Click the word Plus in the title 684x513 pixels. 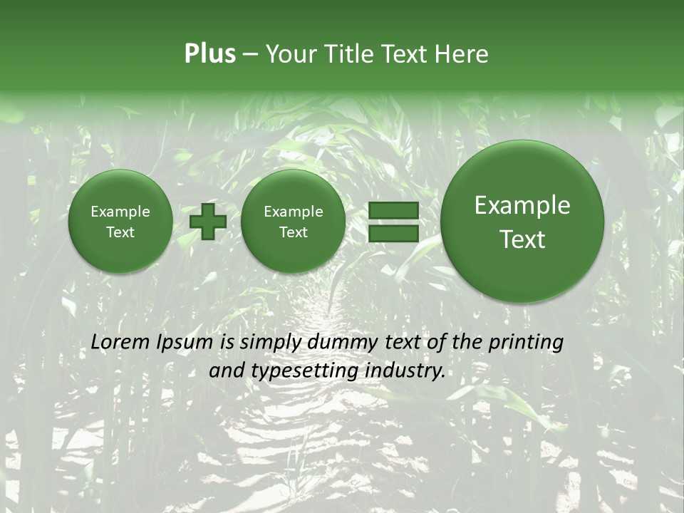coord(209,54)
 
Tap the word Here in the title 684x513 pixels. coord(461,54)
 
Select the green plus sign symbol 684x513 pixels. coord(207,222)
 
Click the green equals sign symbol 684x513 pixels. coord(393,222)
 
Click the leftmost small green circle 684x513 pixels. coord(120,222)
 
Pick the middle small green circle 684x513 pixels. coord(293,222)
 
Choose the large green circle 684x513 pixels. coord(522,222)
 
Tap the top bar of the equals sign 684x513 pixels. coord(393,211)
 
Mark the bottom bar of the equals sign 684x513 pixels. coord(393,233)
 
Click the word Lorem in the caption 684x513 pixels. coord(120,342)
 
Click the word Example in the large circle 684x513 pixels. coord(522,206)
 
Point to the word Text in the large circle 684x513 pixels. coord(522,239)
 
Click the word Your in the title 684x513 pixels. coord(289,54)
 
